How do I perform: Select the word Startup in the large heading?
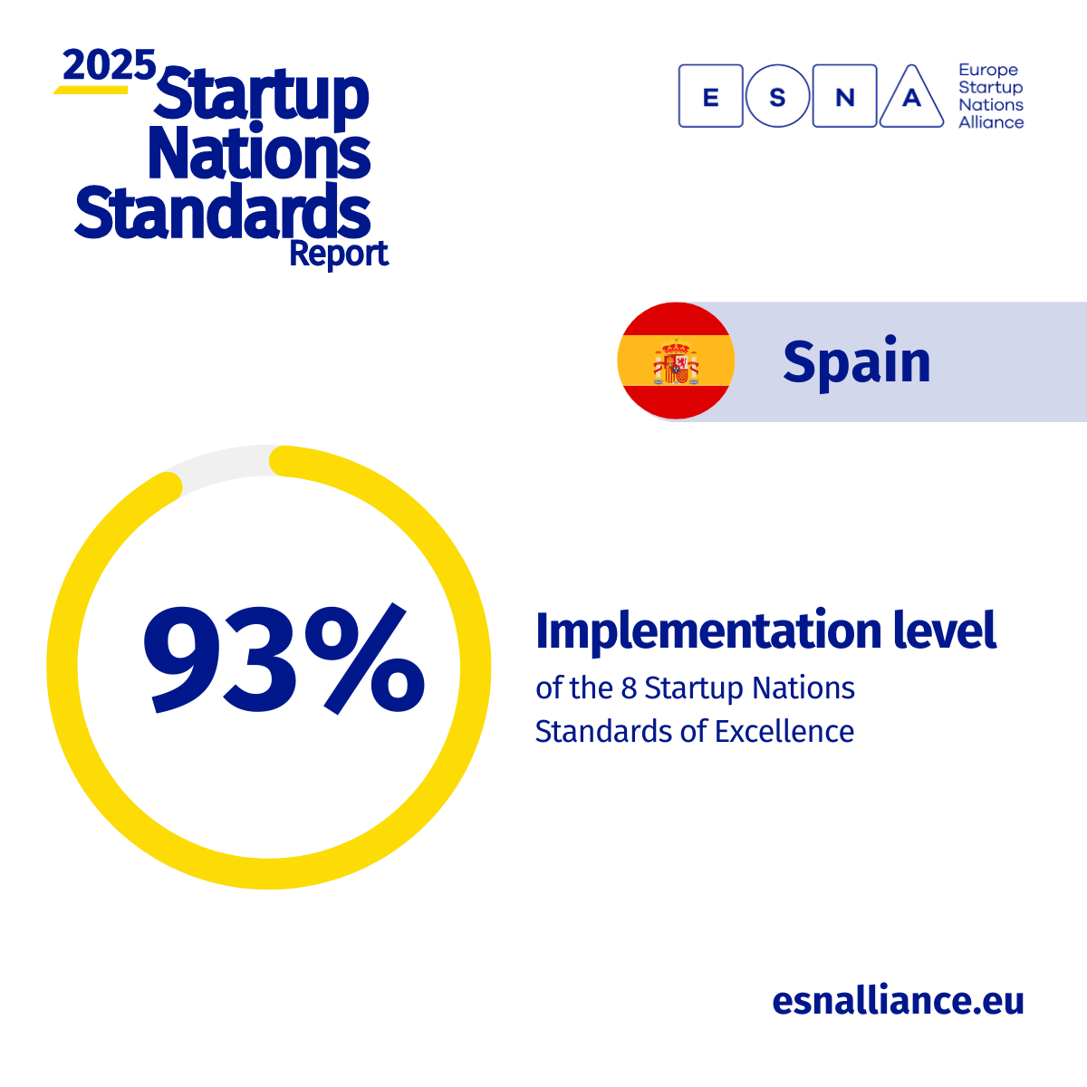(x=262, y=95)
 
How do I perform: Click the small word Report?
(x=339, y=255)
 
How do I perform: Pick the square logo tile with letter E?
(x=710, y=96)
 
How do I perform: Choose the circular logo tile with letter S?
(x=777, y=96)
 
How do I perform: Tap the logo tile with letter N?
(x=844, y=96)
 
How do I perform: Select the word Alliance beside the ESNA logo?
(x=991, y=122)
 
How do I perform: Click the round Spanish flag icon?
(x=676, y=361)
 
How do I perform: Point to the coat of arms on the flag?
(x=676, y=362)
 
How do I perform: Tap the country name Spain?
(x=856, y=361)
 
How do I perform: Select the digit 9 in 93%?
(x=184, y=659)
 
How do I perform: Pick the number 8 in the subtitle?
(x=629, y=688)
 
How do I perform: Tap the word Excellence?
(x=784, y=731)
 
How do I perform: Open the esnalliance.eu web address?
(x=898, y=1001)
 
